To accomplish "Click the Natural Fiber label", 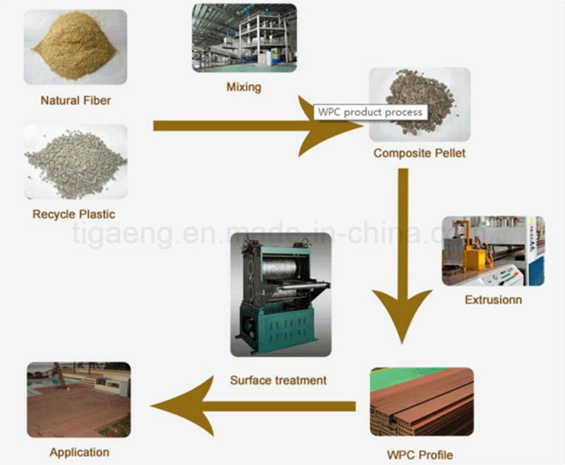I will [x=76, y=100].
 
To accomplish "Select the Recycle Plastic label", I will [x=73, y=213].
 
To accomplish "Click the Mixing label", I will [x=243, y=88].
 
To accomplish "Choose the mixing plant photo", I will [x=244, y=38].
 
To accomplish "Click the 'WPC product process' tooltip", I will [x=369, y=112].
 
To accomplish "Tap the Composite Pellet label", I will [x=420, y=153].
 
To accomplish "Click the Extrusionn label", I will [x=493, y=300].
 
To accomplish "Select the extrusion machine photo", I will [x=493, y=250].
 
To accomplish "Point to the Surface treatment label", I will [x=278, y=380].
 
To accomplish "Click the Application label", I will [x=79, y=452].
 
